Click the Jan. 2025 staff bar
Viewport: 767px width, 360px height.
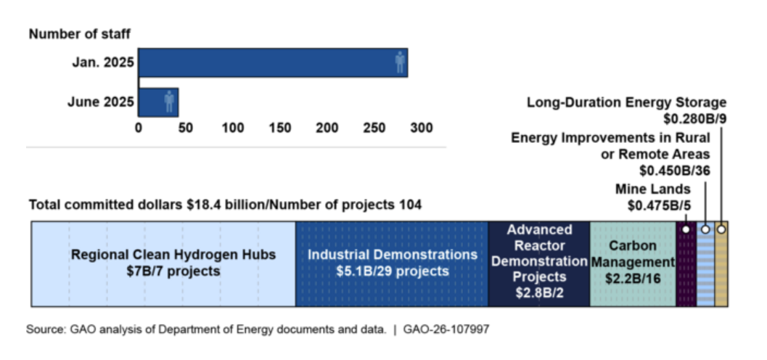[272, 62]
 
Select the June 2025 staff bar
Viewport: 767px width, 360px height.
[157, 102]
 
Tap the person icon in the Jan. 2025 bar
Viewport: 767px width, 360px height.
[400, 62]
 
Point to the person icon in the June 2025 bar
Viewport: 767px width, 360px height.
[169, 102]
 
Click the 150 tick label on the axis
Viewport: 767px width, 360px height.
[280, 128]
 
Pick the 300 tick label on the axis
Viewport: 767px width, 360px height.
[422, 128]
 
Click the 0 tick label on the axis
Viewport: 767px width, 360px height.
[139, 128]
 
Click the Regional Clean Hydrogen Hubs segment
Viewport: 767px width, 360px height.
[163, 263]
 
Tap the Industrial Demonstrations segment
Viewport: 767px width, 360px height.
[392, 263]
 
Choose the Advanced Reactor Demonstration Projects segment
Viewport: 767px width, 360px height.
[539, 263]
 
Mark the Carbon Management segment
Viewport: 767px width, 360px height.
[633, 263]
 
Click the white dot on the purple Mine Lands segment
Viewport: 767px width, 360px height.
[686, 229]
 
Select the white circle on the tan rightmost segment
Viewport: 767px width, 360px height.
[721, 229]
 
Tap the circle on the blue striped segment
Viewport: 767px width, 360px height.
[705, 229]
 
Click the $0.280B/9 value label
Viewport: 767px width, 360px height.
[694, 118]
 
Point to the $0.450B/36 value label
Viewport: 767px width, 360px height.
[674, 171]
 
